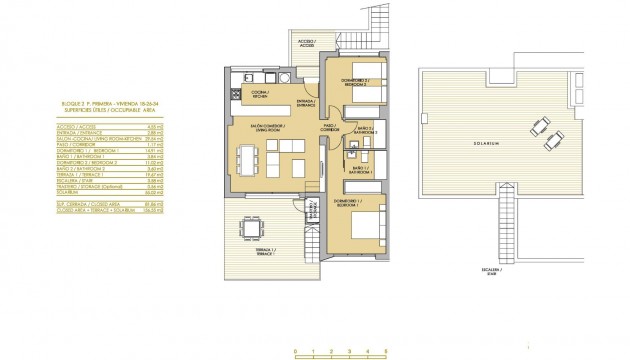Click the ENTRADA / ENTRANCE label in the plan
tap(306, 103)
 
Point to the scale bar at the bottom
tap(339, 348)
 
